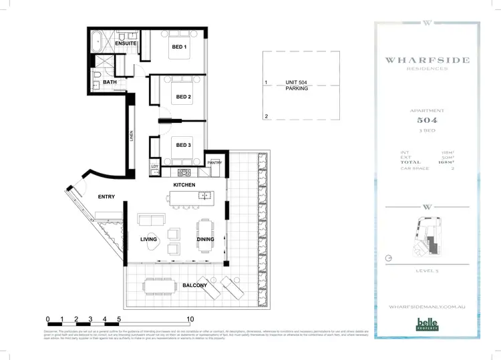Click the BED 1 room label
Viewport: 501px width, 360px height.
(179, 47)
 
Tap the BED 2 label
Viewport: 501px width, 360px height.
(184, 97)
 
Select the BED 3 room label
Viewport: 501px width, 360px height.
(184, 145)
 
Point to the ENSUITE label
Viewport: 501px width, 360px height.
(126, 43)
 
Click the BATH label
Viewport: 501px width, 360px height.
(111, 82)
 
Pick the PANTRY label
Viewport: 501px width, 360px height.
(214, 162)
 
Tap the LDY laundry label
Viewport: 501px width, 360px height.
(155, 166)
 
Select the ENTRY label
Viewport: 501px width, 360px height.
(106, 197)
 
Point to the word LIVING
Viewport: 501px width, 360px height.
(148, 239)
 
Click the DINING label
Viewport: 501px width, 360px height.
(205, 239)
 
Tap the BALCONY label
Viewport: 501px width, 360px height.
(195, 285)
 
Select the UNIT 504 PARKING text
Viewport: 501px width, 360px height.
(297, 85)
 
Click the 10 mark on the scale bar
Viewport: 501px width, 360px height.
(190, 320)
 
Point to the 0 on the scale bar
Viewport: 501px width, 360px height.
(47, 320)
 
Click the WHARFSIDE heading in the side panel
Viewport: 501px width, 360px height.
(427, 60)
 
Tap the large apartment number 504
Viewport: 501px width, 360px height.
(427, 121)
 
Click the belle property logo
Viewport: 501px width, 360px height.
(427, 323)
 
